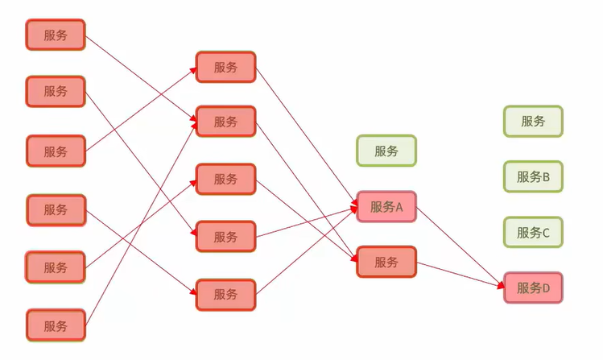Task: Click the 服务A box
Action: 386,207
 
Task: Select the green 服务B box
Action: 533,177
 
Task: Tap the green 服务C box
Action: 533,233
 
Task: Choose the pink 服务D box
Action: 533,288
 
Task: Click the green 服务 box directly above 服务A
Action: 386,151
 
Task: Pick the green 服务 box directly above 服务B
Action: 533,122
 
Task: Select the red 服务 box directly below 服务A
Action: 386,262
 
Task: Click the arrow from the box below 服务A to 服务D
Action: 459,274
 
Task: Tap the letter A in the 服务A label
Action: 399,207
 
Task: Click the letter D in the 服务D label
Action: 545,288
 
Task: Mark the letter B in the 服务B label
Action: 545,177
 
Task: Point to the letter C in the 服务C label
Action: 545,233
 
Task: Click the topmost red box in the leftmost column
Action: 56,35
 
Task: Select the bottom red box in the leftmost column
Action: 56,325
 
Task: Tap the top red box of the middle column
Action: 225,68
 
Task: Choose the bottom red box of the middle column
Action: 225,295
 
